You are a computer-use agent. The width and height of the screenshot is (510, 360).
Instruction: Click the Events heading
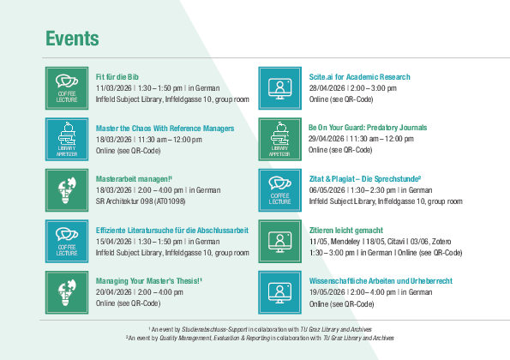(x=72, y=39)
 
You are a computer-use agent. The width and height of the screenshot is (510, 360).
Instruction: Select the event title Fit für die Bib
(x=117, y=77)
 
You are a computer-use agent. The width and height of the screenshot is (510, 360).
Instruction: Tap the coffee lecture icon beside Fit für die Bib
(x=67, y=88)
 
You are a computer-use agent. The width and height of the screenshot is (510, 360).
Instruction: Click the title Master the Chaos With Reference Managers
(x=165, y=129)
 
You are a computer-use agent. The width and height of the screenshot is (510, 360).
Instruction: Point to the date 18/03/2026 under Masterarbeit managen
(x=113, y=190)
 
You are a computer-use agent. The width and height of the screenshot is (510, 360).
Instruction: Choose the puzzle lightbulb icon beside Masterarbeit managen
(x=67, y=190)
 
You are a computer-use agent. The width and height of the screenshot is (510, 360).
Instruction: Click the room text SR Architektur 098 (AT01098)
(x=141, y=201)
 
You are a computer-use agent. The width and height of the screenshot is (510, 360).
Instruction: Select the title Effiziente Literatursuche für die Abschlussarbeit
(x=172, y=231)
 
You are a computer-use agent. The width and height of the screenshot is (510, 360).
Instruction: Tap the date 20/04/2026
(x=113, y=292)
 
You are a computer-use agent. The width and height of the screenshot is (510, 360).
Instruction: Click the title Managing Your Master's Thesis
(x=148, y=281)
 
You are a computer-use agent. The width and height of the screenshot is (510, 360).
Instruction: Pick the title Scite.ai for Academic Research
(x=359, y=77)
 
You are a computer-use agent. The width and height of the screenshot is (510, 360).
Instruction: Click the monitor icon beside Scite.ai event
(x=279, y=88)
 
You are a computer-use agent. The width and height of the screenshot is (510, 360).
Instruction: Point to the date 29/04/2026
(x=327, y=139)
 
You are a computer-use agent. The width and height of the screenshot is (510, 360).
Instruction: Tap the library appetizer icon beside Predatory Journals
(x=279, y=139)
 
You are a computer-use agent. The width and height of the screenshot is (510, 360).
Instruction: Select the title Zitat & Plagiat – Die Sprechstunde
(x=365, y=179)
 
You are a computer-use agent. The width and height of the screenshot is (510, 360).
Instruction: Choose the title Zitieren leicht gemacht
(x=346, y=231)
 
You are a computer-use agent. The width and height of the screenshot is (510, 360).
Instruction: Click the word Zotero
(x=441, y=242)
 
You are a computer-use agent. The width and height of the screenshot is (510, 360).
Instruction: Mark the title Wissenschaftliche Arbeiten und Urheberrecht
(x=381, y=281)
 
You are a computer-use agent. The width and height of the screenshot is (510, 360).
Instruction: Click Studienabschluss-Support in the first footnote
(x=214, y=329)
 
